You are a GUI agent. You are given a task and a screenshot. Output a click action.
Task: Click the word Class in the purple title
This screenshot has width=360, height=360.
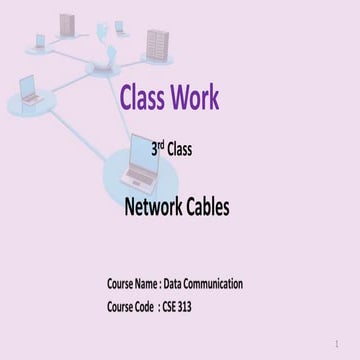141,97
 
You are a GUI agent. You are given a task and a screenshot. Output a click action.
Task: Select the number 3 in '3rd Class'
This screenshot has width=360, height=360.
154,152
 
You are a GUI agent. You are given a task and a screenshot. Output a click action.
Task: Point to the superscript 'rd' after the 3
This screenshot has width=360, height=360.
160,148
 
